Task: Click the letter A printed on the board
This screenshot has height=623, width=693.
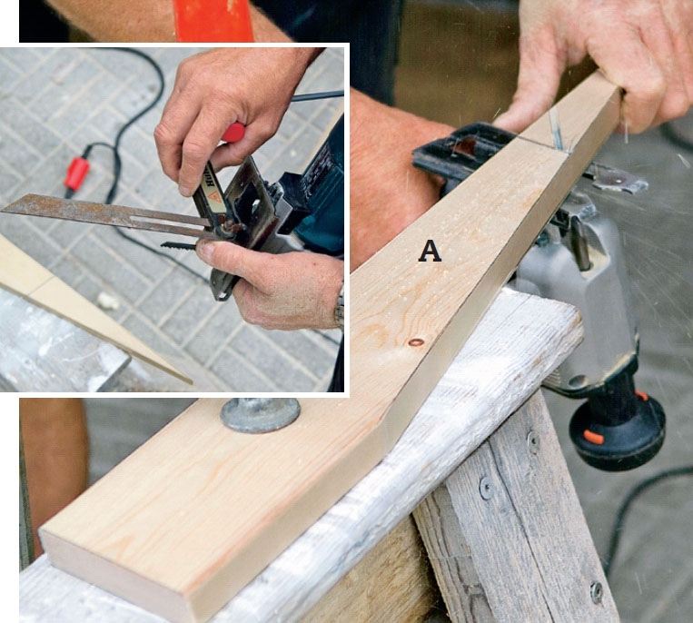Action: click(430, 252)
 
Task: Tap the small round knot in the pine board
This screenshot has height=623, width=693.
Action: click(416, 342)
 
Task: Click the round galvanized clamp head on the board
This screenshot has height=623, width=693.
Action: click(261, 414)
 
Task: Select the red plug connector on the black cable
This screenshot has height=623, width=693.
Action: click(76, 174)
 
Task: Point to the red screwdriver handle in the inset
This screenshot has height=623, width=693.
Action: click(233, 132)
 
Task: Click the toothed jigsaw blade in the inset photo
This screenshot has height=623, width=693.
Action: click(178, 245)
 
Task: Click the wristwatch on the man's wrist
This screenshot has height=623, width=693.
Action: click(340, 306)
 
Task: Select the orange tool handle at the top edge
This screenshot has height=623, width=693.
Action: click(213, 21)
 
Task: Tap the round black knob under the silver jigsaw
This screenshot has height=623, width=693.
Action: click(617, 436)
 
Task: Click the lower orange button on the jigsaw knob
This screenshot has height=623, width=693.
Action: click(593, 437)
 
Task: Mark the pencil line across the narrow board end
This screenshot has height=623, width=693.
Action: click(541, 146)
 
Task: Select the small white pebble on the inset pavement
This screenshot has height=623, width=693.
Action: click(108, 302)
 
